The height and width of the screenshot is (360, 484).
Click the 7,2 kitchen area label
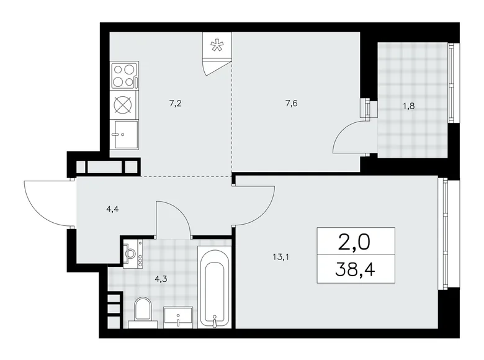click(x=175, y=104)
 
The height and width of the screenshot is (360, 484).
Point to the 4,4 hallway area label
click(x=112, y=209)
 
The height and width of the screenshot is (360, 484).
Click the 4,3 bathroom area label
click(x=160, y=279)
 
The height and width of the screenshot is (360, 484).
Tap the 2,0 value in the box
click(x=350, y=240)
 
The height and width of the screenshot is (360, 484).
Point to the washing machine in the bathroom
click(x=131, y=253)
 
